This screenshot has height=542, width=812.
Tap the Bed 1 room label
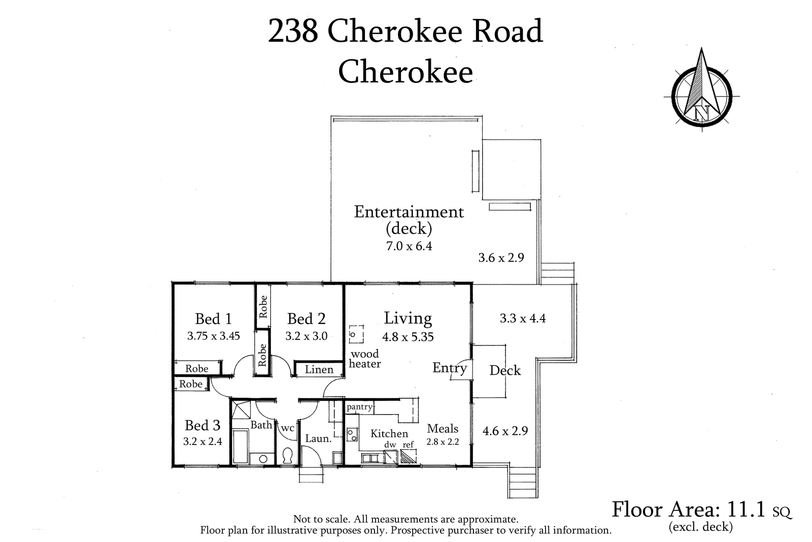coord(213,319)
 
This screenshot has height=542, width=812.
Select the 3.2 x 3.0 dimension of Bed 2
coord(307,336)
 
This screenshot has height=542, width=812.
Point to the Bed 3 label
coord(202,425)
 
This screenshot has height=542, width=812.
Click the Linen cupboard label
coord(319,369)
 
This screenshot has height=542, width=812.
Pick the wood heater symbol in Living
coord(356,334)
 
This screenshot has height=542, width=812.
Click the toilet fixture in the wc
coord(287,456)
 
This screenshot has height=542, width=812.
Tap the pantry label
coord(359,407)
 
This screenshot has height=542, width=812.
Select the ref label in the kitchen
coord(408,444)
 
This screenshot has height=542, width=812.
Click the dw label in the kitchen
coord(390,444)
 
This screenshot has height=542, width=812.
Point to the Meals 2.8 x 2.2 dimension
coord(443,441)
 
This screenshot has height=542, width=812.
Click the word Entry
coord(450,368)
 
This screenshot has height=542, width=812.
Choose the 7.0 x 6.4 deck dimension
coord(409,246)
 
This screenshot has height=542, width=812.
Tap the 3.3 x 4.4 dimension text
coord(523,318)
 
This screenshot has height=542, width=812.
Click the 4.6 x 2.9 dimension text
coord(505,431)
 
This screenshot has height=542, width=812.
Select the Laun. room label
coord(318,438)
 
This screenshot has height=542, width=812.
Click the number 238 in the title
coord(293,31)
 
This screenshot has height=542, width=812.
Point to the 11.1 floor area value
coord(746,509)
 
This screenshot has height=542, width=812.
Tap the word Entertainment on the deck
coord(409,212)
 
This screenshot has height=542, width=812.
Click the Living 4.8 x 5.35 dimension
coord(408,337)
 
